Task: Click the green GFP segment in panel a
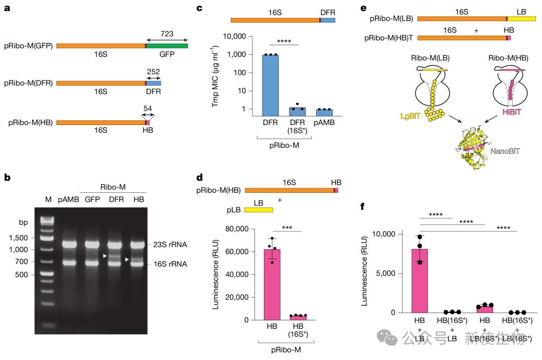point(167,46)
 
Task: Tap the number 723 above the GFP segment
point(167,34)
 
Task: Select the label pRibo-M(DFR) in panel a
point(28,83)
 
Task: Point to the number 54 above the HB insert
point(148,108)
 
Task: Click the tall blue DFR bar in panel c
point(270,85)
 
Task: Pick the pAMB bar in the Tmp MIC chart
point(324,112)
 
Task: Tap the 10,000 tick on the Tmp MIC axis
point(234,36)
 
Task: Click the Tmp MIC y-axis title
point(215,76)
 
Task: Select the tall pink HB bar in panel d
point(272,284)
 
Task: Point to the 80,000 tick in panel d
point(237,229)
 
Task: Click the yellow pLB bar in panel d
point(258,210)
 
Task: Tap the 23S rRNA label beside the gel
point(170,245)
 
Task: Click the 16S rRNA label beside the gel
point(170,264)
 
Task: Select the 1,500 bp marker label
point(19,238)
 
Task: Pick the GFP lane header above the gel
point(92,199)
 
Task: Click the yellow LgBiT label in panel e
point(410,116)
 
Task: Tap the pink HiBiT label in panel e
point(511,111)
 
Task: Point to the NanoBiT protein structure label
point(505,151)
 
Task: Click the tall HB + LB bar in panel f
point(420,281)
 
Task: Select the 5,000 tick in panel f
point(385,273)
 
